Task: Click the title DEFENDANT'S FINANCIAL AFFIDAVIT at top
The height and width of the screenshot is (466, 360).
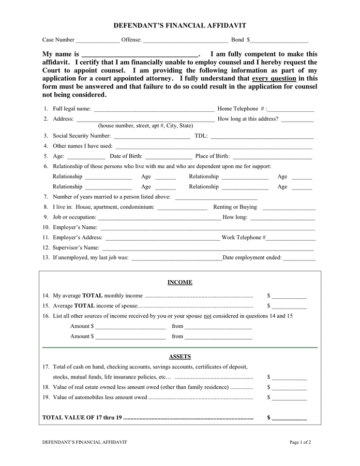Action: pyautogui.click(x=179, y=25)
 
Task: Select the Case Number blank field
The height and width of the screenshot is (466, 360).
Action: pyautogui.click(x=97, y=40)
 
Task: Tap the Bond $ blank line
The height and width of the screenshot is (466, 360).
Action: pyautogui.click(x=279, y=40)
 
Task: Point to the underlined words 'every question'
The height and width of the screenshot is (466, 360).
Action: pyautogui.click(x=274, y=78)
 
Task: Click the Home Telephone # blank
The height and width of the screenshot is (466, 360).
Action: pyautogui.click(x=291, y=110)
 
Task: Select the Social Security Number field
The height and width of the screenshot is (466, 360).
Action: pyautogui.click(x=152, y=137)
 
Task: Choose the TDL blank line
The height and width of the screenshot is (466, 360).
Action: pyautogui.click(x=262, y=137)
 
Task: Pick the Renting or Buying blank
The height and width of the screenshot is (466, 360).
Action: pyautogui.click(x=289, y=208)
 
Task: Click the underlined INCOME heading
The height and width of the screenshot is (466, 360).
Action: pyautogui.click(x=179, y=283)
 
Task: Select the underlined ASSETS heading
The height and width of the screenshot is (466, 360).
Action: pyautogui.click(x=179, y=357)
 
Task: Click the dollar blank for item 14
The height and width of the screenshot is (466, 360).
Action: pyautogui.click(x=289, y=296)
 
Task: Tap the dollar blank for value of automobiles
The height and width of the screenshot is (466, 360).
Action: pyautogui.click(x=289, y=398)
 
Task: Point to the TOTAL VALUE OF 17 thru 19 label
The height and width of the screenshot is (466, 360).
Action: pyautogui.click(x=83, y=417)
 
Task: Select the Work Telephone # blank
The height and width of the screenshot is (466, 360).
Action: pyautogui.click(x=291, y=238)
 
